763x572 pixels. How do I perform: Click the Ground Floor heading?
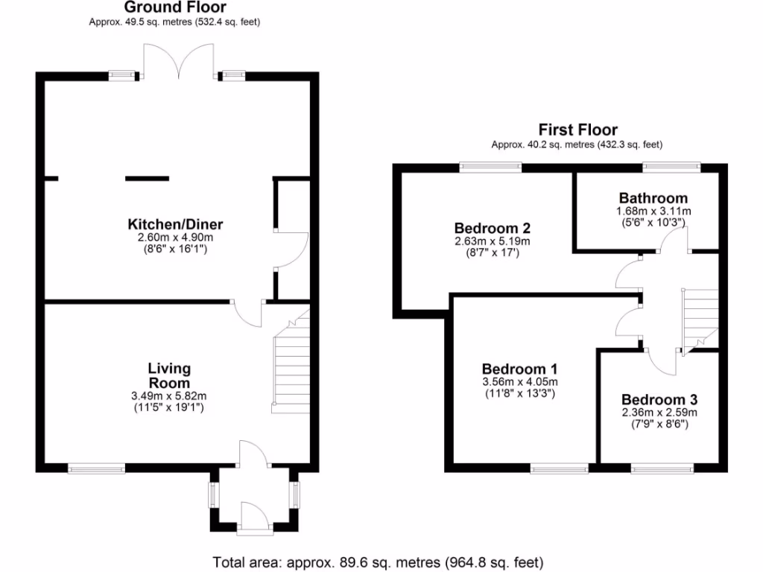click(174, 8)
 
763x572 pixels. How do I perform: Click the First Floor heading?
click(578, 130)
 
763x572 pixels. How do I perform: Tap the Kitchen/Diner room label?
click(176, 224)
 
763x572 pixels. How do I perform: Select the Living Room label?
click(169, 375)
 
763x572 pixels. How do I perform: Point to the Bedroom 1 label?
click(519, 369)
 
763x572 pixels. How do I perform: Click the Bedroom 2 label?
click(492, 227)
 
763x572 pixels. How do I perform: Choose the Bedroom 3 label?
click(659, 398)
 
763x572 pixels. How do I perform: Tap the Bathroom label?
click(653, 198)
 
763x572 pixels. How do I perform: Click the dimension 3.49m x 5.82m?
click(169, 395)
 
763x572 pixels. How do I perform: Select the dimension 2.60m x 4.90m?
click(176, 238)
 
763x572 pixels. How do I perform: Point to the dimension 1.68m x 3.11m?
click(653, 211)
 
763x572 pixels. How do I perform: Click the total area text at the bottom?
click(379, 562)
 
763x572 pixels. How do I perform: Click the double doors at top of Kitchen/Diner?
click(177, 63)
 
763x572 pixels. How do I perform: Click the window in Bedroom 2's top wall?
click(490, 168)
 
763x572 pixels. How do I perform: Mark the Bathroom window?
click(671, 168)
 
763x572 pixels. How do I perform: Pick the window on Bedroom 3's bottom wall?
click(662, 468)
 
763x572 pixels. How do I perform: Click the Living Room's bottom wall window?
click(97, 468)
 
